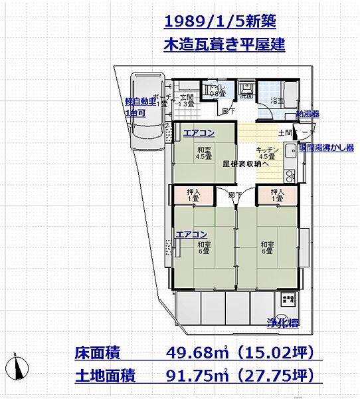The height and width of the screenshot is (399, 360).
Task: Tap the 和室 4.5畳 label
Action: pos(203,153)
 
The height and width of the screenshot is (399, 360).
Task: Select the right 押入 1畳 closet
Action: pos(276,195)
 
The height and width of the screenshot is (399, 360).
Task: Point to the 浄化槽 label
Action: pos(284,323)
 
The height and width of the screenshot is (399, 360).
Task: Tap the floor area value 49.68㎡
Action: pos(193,352)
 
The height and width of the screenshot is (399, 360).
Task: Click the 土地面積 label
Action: pos(105,376)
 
